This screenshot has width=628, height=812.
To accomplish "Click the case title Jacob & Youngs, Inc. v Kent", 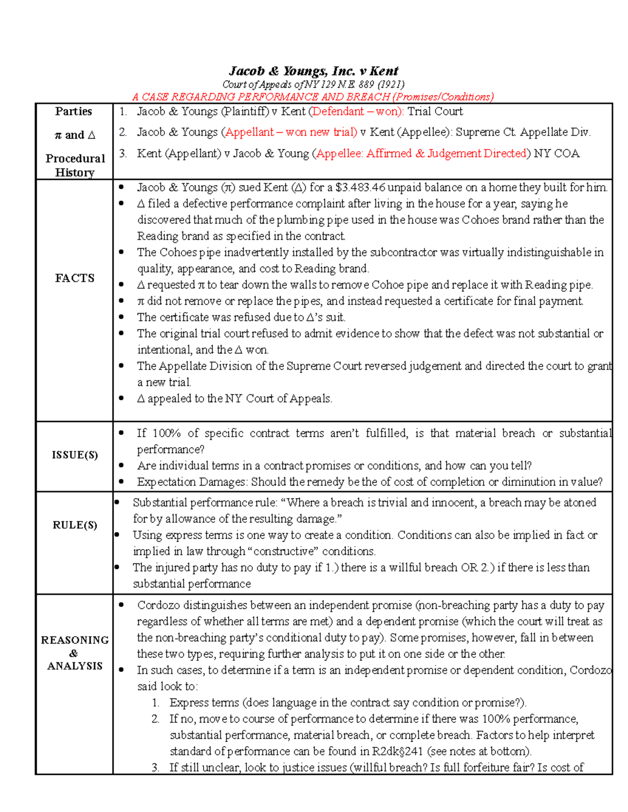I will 313,71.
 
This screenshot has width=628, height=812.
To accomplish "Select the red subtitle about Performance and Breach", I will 313,97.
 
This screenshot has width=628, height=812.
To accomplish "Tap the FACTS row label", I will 75,278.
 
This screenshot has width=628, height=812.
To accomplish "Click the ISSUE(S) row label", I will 75,455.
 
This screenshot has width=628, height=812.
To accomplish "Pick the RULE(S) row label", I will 75,525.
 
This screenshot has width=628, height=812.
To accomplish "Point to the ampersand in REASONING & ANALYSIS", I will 74,653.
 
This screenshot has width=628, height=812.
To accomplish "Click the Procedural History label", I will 75,165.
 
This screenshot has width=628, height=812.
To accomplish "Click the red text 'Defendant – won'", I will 355,111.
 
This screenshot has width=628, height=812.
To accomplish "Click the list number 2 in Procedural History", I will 122,132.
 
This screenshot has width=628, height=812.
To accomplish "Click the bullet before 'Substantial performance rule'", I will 117,502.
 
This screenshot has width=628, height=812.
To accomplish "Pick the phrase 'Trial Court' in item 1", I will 435,111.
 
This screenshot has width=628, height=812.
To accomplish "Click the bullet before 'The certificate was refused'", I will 121,317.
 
